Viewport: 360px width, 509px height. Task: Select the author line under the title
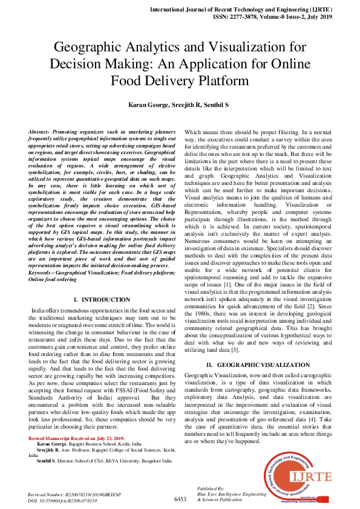[179, 105]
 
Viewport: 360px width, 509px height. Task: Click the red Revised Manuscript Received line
[76, 438]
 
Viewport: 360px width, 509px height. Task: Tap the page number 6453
[180, 499]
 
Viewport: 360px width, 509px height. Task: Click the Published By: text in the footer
[212, 488]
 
